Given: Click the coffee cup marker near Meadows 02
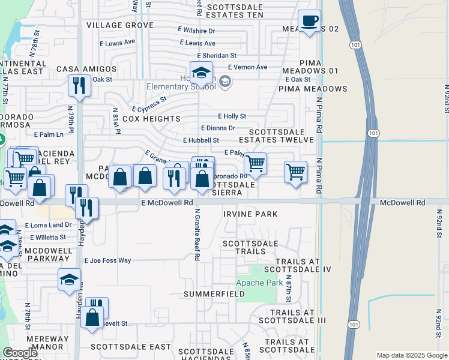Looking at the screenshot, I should (310, 22).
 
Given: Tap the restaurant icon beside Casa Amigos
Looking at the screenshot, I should (79, 86).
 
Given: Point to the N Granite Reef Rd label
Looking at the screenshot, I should (196, 235).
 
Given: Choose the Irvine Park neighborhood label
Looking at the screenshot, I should (250, 214).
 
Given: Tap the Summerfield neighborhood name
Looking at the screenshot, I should (214, 294).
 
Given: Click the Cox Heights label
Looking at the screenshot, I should (151, 119).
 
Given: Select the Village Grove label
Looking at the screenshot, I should (120, 25).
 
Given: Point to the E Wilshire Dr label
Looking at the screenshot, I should (196, 31).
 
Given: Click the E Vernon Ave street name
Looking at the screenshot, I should (247, 67).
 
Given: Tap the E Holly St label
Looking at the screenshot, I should (232, 116).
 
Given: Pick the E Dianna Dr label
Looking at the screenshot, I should (218, 128).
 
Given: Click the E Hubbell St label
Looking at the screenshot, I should (201, 140).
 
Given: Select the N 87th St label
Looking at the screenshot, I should (288, 290).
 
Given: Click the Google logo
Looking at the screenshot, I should (20, 353).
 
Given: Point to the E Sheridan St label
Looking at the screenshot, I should (209, 55).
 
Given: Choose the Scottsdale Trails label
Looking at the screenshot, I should (251, 247).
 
